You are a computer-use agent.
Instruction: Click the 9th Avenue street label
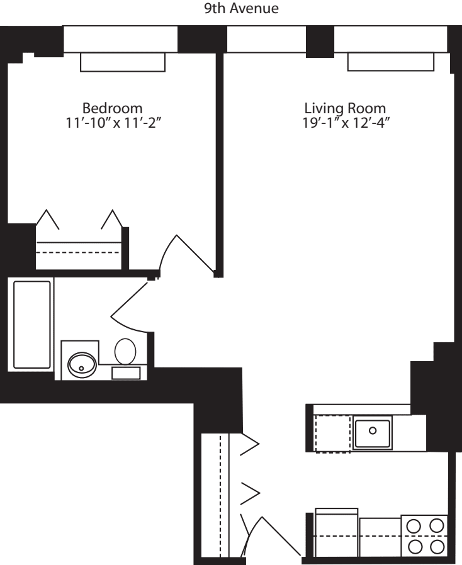tap(231, 9)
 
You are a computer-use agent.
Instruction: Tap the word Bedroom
tap(113, 107)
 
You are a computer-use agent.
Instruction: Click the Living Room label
tap(344, 107)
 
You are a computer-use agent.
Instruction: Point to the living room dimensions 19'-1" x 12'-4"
tap(344, 121)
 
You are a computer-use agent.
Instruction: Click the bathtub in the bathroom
tap(31, 325)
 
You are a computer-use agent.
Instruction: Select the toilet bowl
tap(126, 351)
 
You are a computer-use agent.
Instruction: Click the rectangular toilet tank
tap(126, 372)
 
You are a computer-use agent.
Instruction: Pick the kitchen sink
tap(372, 432)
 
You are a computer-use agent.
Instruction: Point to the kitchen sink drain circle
tap(372, 431)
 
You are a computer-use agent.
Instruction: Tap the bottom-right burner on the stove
tap(436, 545)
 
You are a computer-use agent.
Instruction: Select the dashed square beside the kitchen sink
tap(332, 434)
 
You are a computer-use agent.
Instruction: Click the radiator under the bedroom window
tap(123, 62)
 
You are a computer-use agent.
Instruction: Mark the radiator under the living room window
tap(390, 62)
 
